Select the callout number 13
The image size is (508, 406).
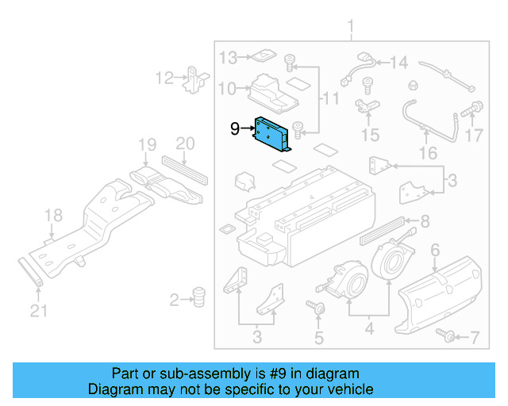pyautogui.click(x=229, y=58)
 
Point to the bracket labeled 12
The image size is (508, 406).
pyautogui.click(x=193, y=79)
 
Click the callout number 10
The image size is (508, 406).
pyautogui.click(x=227, y=89)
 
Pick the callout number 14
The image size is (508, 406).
pyautogui.click(x=398, y=63)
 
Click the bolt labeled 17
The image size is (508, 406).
pyautogui.click(x=476, y=105)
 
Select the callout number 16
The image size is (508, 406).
pyautogui.click(x=428, y=152)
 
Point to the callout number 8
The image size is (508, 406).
pyautogui.click(x=425, y=221)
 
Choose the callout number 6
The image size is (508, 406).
pyautogui.click(x=434, y=251)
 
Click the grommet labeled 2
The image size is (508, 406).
pyautogui.click(x=198, y=297)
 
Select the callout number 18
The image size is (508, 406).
pyautogui.click(x=52, y=216)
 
